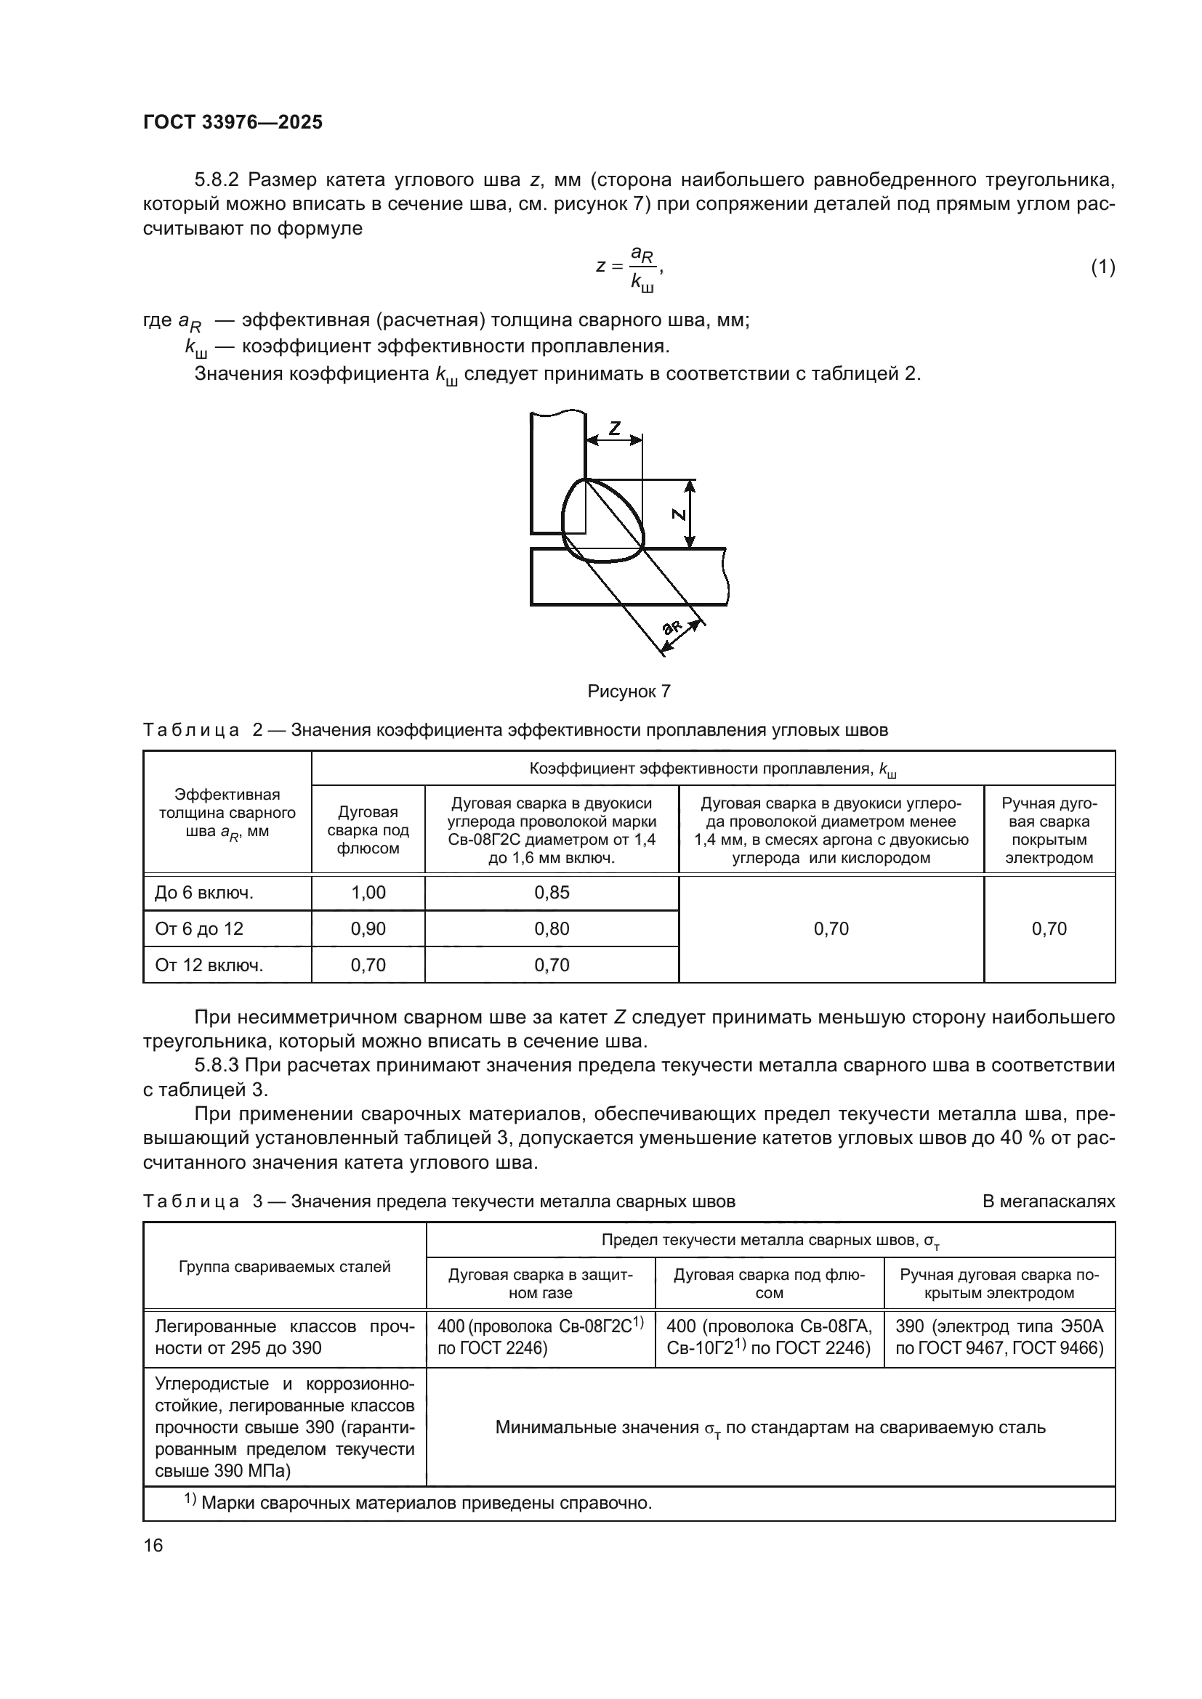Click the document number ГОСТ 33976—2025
[x=233, y=122]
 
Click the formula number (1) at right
[x=1102, y=267]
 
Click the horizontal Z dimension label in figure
[x=614, y=428]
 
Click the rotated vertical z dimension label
[x=678, y=514]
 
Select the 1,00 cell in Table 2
[x=368, y=893]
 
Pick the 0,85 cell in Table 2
[x=552, y=893]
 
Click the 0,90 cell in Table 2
[x=368, y=929]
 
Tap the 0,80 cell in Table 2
[x=552, y=929]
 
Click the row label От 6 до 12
[x=199, y=929]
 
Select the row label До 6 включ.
[x=203, y=893]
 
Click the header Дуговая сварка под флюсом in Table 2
[x=368, y=830]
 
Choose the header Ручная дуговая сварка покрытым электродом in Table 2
[x=1049, y=830]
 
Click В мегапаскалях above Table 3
[x=1048, y=1201]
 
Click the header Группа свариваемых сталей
[x=284, y=1267]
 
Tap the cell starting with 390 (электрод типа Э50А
[x=999, y=1337]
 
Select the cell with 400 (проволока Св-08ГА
[x=769, y=1337]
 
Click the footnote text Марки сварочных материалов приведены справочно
[x=426, y=1503]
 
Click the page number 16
[x=153, y=1545]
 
